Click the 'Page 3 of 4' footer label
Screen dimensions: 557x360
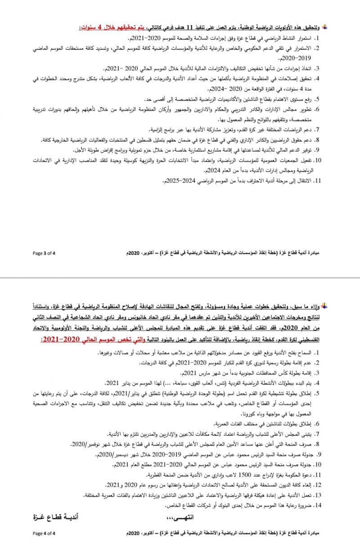click(x=44, y=253)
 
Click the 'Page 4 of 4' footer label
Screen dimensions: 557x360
click(x=44, y=534)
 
